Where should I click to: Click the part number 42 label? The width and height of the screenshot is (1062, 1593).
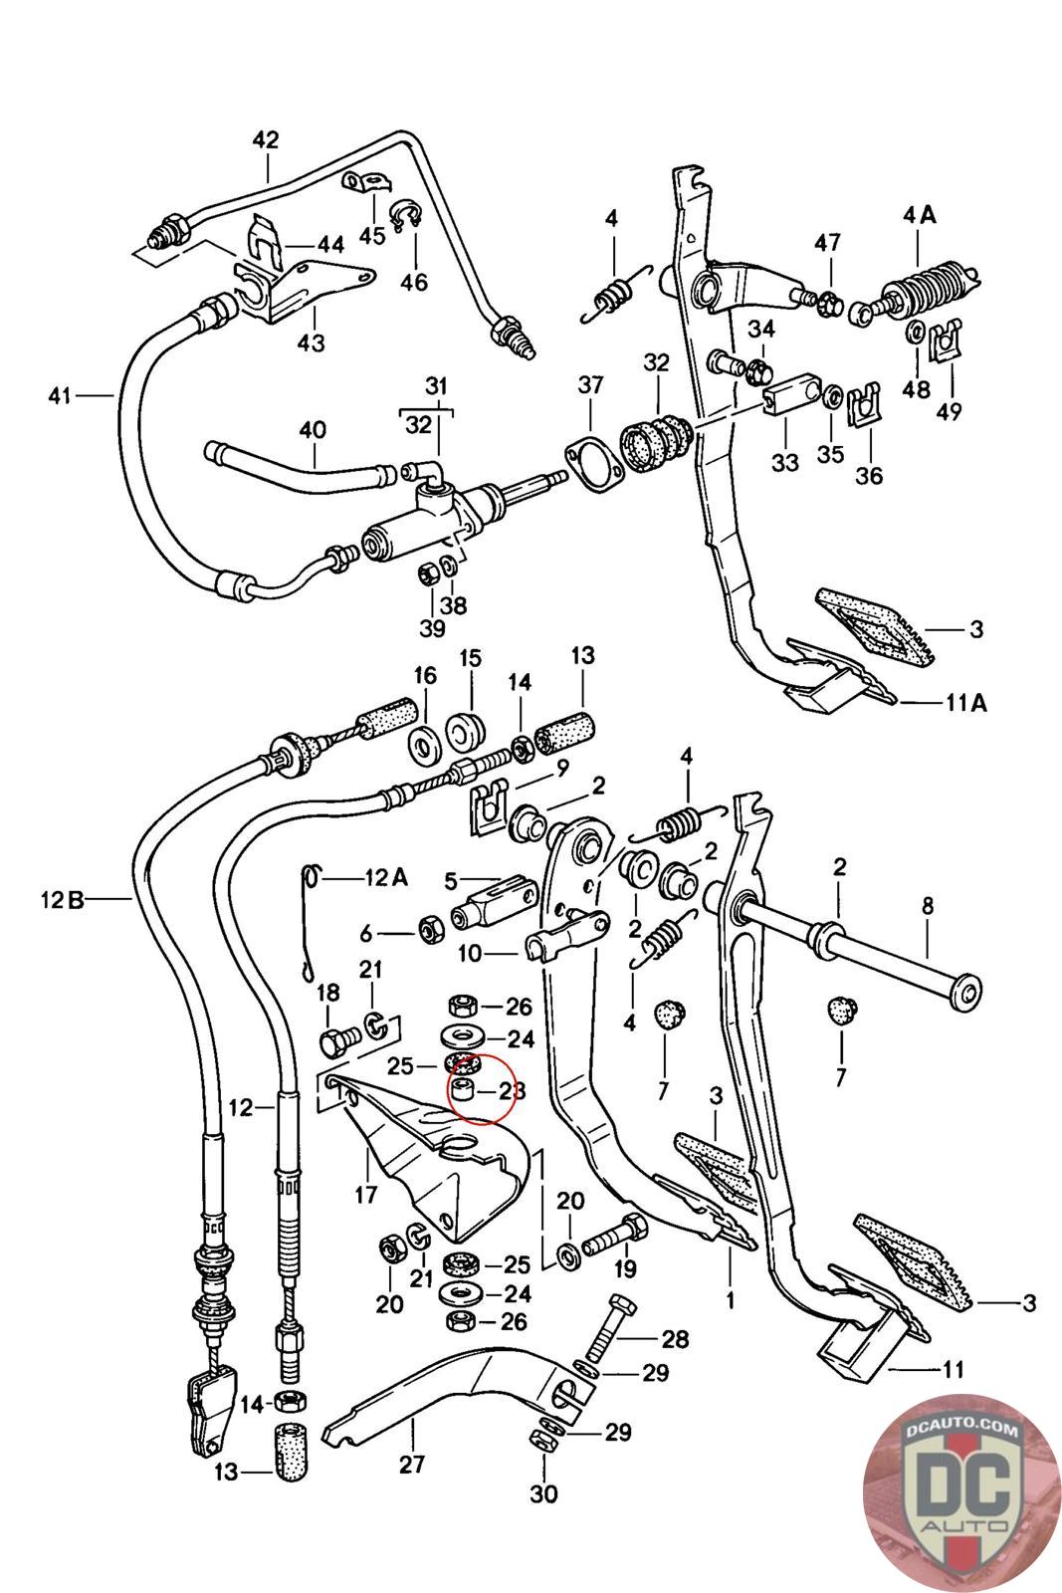tap(266, 140)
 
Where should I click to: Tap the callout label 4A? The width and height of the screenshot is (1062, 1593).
tap(920, 214)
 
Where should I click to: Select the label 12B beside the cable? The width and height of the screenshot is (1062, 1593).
tap(62, 901)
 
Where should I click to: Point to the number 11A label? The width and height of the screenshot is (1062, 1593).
tap(965, 703)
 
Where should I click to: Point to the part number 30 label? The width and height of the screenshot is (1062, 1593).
tap(544, 1493)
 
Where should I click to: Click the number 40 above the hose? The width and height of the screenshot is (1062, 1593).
tap(313, 431)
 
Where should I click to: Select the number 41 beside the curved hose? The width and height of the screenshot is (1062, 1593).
tap(60, 396)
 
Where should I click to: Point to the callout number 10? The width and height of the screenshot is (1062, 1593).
tap(469, 953)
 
